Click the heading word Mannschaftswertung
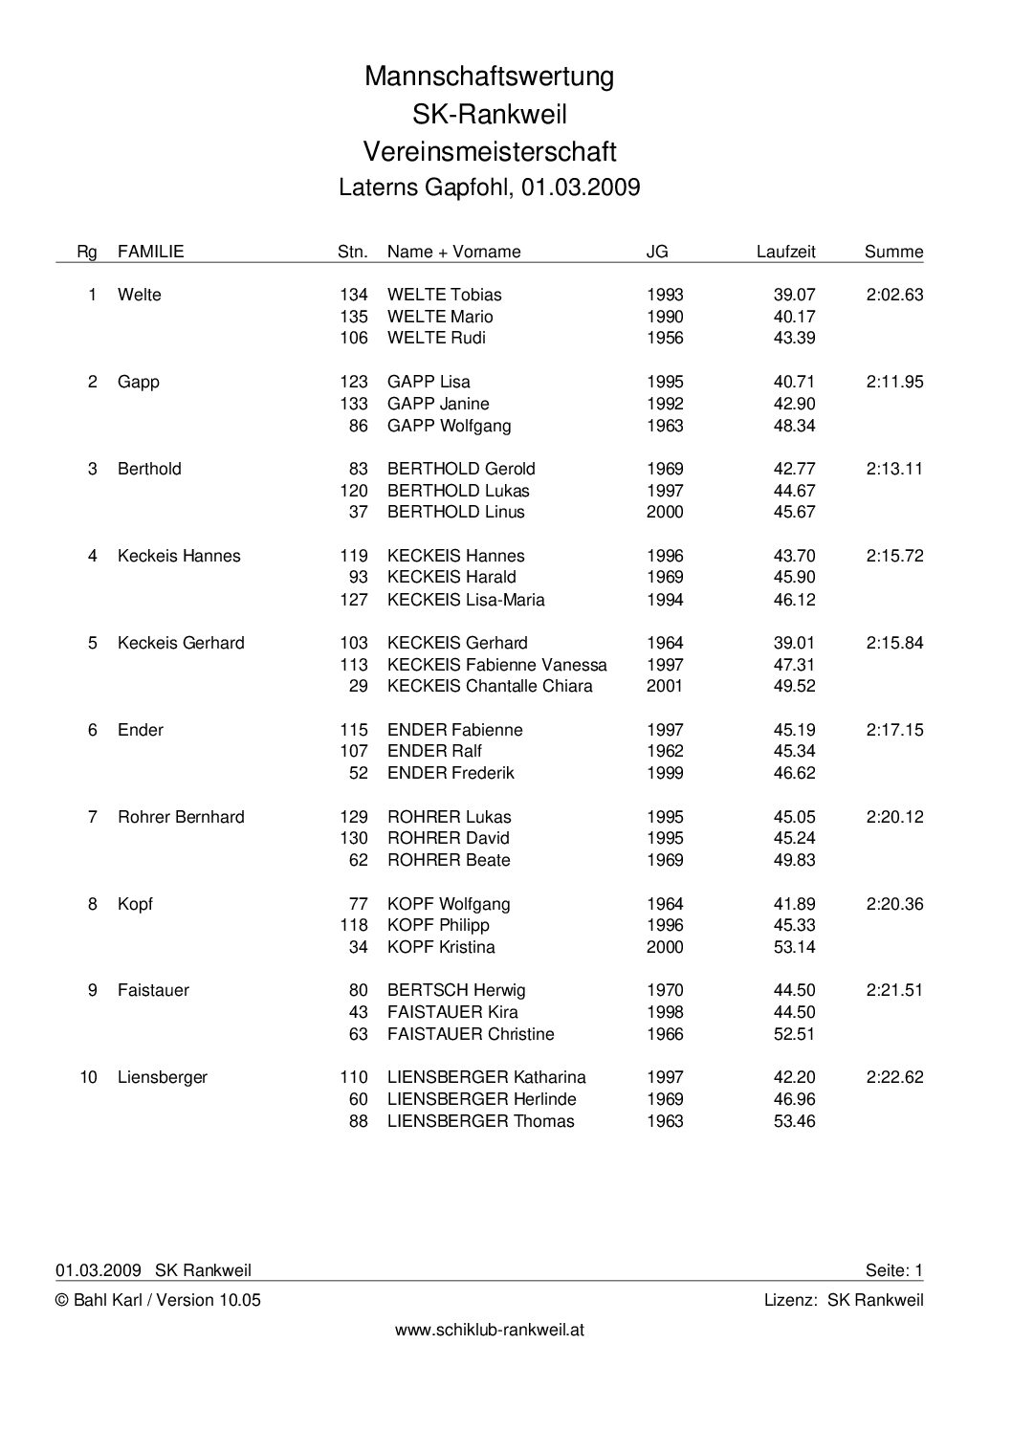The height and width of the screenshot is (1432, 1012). (x=489, y=77)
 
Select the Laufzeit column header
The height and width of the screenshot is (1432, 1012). (x=785, y=252)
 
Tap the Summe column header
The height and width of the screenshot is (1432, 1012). (x=893, y=252)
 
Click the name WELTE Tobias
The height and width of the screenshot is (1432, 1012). (x=444, y=295)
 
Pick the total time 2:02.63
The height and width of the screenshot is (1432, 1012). (x=894, y=295)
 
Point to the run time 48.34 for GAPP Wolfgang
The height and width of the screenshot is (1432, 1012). (x=794, y=426)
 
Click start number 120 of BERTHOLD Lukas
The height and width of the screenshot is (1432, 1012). (x=354, y=491)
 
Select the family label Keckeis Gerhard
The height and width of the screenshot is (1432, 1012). (x=181, y=643)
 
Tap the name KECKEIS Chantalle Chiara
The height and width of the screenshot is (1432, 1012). (x=490, y=686)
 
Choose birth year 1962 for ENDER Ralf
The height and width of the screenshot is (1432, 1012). (x=665, y=751)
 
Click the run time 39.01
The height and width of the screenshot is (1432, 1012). (x=794, y=643)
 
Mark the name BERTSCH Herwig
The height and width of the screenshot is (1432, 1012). (x=456, y=990)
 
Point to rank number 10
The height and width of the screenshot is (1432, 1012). (x=88, y=1077)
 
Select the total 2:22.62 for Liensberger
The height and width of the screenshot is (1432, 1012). (x=894, y=1077)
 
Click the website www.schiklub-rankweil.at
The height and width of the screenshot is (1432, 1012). (x=490, y=1330)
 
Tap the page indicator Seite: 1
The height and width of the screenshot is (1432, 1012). (x=893, y=1270)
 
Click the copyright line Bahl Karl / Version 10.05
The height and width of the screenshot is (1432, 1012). (x=158, y=1300)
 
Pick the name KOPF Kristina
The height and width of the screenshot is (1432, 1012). (x=441, y=947)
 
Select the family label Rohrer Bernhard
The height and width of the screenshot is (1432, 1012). (x=181, y=817)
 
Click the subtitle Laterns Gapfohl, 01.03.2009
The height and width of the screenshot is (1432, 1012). (x=489, y=187)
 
